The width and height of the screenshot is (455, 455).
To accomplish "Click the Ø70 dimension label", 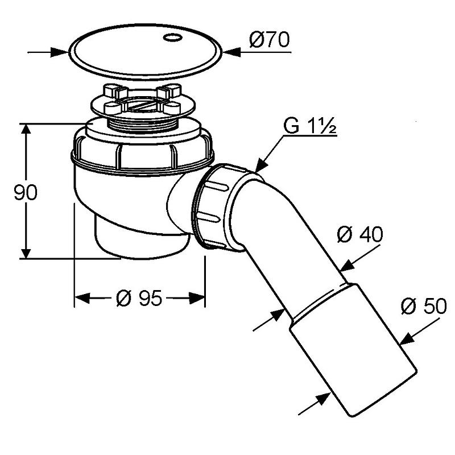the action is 269,39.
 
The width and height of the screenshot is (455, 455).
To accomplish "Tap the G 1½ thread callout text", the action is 309,125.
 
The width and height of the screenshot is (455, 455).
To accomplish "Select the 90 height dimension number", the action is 26,192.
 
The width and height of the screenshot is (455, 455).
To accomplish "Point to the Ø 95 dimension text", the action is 139,298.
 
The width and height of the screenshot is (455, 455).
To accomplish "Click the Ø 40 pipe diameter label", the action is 360,234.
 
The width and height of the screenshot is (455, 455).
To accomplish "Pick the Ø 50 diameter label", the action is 424,306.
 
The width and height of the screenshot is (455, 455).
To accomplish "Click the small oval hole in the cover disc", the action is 172,38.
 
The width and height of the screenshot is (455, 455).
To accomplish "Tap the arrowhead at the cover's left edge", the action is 60,52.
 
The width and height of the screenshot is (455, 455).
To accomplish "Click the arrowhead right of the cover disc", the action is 232,52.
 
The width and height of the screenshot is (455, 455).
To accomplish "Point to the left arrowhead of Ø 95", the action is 82,298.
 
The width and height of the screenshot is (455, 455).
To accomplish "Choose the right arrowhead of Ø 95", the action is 197,298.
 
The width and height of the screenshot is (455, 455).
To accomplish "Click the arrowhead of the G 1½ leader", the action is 262,166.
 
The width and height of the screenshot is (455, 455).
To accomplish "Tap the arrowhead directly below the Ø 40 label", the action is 348,266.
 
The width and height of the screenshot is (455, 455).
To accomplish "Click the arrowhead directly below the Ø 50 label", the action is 407,338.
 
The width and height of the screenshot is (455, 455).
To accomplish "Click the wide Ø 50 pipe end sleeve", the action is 353,349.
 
